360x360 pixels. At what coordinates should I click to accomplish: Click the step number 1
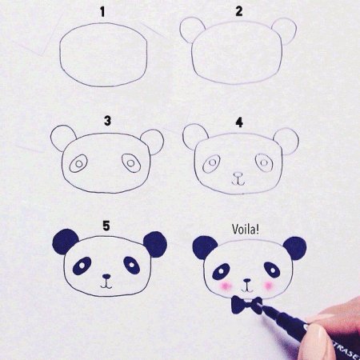tap(102, 11)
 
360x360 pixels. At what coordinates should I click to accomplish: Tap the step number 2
tap(239, 11)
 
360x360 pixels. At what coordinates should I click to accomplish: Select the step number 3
tap(106, 121)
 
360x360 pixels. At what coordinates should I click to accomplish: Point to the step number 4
tap(239, 122)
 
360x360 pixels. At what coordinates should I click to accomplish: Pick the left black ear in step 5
tap(65, 241)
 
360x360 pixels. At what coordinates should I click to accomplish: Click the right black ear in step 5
tap(154, 242)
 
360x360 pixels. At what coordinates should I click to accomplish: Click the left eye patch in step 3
tap(78, 166)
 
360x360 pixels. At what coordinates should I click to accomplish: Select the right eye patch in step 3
tap(131, 163)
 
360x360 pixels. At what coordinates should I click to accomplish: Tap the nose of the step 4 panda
tap(238, 174)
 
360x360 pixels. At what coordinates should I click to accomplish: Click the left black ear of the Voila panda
tap(205, 247)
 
